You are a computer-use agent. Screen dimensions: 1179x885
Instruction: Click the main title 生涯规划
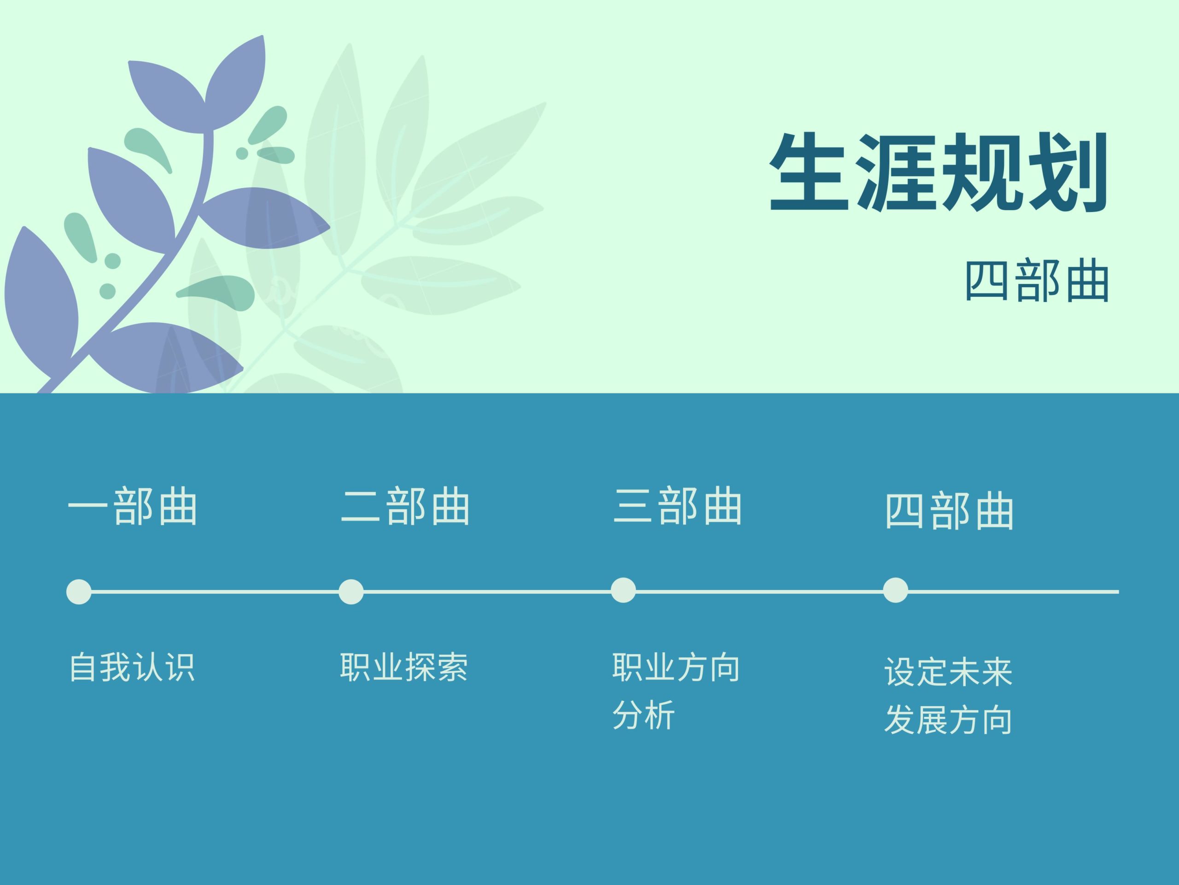[x=939, y=172]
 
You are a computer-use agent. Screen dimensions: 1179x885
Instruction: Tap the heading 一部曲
[x=133, y=506]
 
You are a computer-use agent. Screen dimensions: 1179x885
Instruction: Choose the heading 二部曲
[x=405, y=506]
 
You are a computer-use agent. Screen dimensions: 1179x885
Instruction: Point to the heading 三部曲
[x=677, y=506]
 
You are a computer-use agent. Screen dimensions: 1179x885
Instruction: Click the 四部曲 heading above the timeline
[x=949, y=511]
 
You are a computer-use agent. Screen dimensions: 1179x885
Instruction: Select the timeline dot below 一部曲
[x=79, y=591]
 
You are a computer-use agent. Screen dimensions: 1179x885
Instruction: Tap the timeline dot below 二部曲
[x=351, y=591]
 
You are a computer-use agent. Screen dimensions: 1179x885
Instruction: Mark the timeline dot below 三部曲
[x=623, y=590]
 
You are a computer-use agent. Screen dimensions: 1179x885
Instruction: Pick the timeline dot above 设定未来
[x=895, y=590]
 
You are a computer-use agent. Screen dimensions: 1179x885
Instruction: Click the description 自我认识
[x=132, y=667]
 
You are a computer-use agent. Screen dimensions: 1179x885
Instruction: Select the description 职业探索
[x=404, y=667]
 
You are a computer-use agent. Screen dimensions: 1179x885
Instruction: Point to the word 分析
[x=644, y=715]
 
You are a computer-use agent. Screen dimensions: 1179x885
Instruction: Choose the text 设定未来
[x=948, y=672]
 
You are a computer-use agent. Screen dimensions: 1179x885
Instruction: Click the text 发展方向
[x=948, y=720]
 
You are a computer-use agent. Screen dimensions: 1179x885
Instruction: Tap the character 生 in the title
[x=809, y=172]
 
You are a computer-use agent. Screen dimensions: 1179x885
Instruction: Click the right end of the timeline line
[x=1119, y=591]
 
